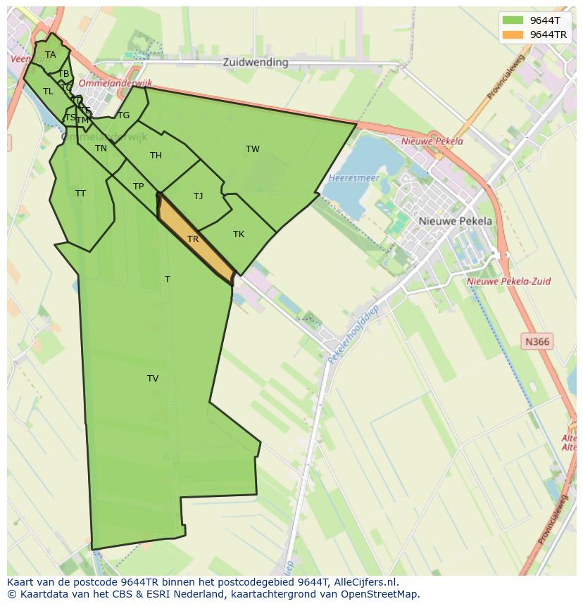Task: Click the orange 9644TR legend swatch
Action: click(x=513, y=34)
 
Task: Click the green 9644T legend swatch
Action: click(x=513, y=20)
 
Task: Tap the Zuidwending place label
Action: click(x=255, y=62)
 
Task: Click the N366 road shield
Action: click(x=537, y=341)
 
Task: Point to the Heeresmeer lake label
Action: click(x=353, y=178)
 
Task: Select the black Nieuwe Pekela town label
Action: click(x=456, y=220)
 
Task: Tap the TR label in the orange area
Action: click(x=193, y=239)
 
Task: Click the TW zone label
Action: click(x=252, y=149)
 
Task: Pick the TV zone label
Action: click(x=153, y=378)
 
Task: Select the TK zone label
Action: click(x=239, y=234)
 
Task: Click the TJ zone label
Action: click(x=198, y=196)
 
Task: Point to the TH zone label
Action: click(x=156, y=155)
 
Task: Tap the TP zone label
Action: click(x=138, y=186)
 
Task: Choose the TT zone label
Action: click(x=80, y=193)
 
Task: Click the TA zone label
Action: click(x=50, y=54)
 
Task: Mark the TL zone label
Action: click(x=48, y=91)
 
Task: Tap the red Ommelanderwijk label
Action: click(x=106, y=82)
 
